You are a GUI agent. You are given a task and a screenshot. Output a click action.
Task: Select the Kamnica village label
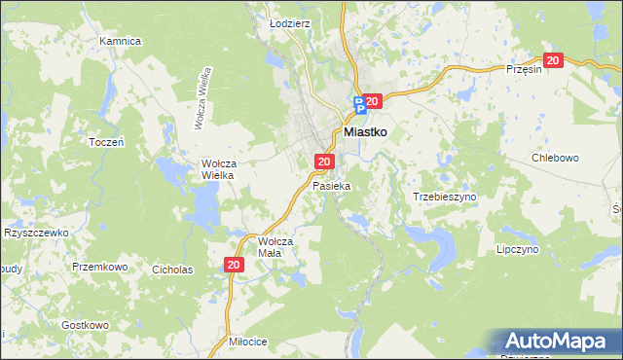click(x=121, y=41)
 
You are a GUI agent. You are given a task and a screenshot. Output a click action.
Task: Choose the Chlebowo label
click(x=555, y=158)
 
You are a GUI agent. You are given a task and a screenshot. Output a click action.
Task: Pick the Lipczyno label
click(x=518, y=249)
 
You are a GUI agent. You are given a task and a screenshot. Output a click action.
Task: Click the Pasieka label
click(x=331, y=184)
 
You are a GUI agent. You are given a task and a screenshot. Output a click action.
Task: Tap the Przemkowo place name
click(x=100, y=266)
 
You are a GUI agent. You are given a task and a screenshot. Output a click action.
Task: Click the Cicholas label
click(x=172, y=270)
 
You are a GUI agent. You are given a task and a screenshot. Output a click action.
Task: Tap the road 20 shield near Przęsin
click(x=553, y=60)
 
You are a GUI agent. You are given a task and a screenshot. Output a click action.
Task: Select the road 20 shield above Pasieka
click(x=325, y=162)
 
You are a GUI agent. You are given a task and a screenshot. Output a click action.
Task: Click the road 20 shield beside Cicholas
click(x=234, y=264)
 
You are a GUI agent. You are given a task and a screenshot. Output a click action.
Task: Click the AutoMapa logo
click(x=557, y=341)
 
